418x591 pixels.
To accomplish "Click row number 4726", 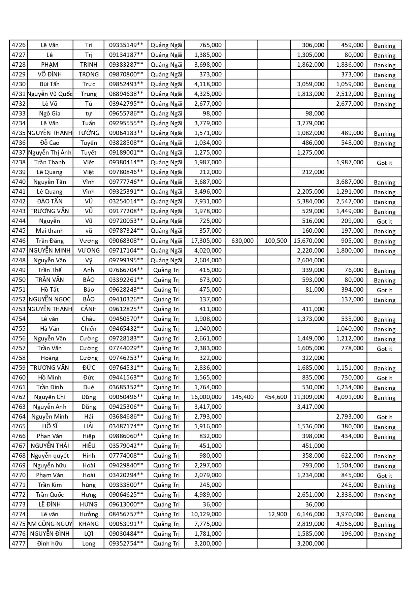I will (x=19, y=45).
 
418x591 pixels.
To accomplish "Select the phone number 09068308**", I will (x=126, y=241).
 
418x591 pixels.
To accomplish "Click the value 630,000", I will (x=243, y=241).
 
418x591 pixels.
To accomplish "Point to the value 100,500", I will (x=276, y=241).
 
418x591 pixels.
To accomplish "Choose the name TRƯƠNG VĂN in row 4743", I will (x=50, y=211).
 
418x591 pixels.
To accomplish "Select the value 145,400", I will (x=243, y=397).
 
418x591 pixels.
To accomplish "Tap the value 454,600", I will (x=276, y=397).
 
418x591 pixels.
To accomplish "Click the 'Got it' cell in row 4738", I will (x=384, y=163).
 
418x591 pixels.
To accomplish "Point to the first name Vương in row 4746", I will (x=89, y=241).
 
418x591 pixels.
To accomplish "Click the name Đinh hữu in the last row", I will (x=50, y=544).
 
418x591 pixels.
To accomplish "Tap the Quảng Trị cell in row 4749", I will (x=166, y=270).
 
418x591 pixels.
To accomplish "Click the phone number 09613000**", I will (x=126, y=504).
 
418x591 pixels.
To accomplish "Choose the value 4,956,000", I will (x=350, y=524).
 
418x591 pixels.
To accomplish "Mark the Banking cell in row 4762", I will (x=384, y=398).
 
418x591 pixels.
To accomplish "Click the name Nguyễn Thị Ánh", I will (x=50, y=153).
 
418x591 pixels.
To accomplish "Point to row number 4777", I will (x=19, y=544).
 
